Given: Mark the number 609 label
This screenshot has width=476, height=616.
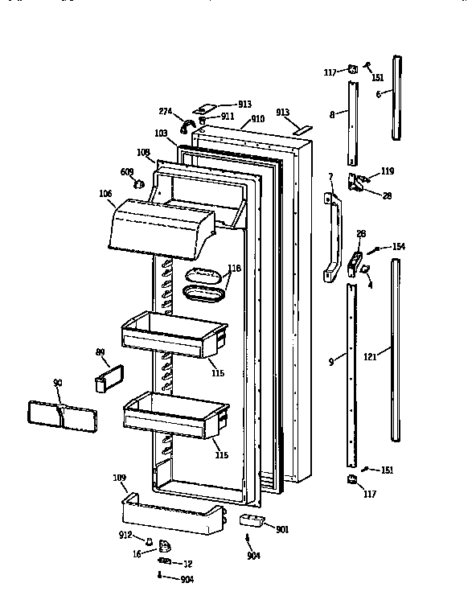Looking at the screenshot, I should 127,171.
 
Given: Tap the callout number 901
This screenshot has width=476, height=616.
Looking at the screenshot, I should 282,529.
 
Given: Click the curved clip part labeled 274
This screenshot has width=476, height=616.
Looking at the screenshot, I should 186,125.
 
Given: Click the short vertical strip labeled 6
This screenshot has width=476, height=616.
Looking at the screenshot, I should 397,97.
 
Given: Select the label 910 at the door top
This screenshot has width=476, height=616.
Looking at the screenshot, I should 257,119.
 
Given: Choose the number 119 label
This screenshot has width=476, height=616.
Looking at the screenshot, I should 388,171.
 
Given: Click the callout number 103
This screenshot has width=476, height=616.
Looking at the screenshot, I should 160,133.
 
